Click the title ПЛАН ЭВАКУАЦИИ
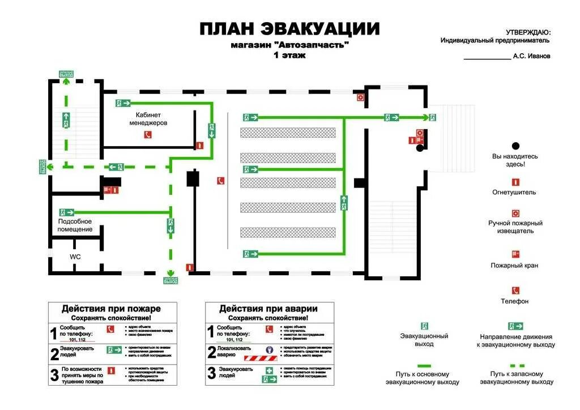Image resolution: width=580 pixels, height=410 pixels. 289,28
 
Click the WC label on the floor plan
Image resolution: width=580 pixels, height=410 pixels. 75,257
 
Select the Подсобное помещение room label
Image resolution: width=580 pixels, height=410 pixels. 75,225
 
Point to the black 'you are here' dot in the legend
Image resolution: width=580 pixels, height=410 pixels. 515,146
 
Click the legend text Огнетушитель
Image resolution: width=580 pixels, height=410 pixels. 514,192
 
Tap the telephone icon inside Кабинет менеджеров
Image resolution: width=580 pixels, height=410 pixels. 148,135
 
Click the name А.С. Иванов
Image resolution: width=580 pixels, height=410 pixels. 531,56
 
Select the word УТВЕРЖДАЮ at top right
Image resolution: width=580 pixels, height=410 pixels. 527,33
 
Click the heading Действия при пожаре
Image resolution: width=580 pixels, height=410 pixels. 111,309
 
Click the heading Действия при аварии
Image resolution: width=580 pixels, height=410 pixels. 268,309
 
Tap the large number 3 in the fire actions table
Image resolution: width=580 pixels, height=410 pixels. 54,375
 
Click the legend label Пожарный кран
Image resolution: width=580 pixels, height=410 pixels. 514,265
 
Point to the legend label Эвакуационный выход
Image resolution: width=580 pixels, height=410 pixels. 424,340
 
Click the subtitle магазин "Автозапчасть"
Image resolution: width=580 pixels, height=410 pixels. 289,45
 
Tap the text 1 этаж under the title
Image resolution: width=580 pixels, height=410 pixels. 289,55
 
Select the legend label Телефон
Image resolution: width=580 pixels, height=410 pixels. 514,301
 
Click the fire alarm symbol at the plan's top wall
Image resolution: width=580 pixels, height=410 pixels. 360,97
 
